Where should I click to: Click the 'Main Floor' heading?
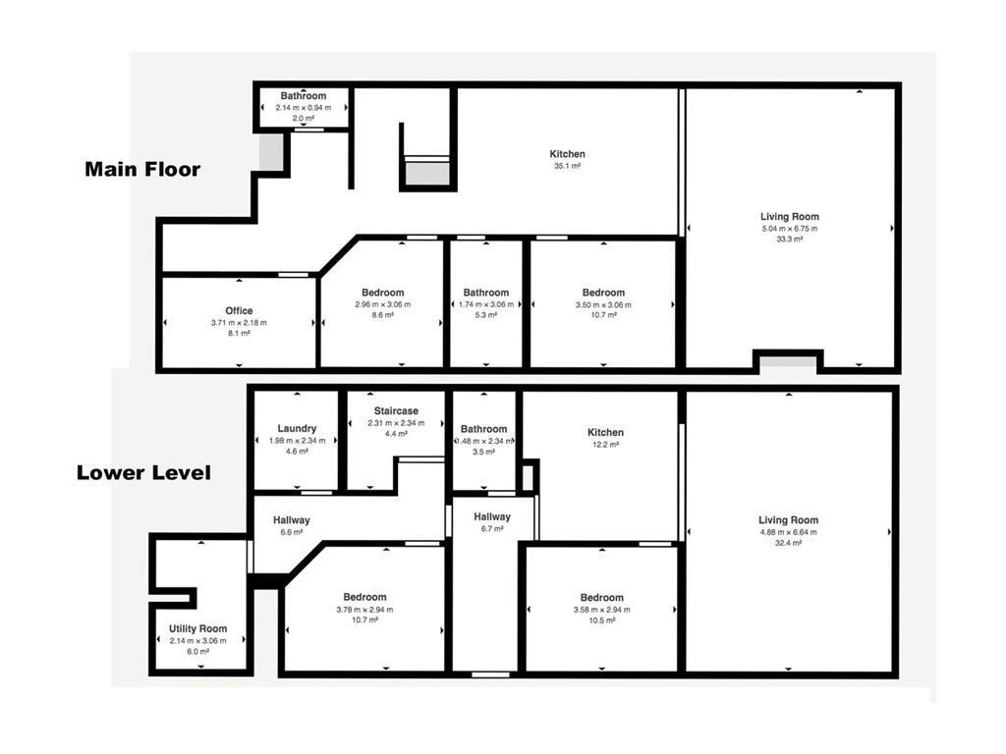142,169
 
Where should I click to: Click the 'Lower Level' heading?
143,472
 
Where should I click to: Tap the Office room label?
238,311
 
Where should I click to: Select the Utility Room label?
197,628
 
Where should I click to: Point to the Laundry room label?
297,428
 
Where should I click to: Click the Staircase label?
396,410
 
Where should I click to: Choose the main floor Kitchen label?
567,154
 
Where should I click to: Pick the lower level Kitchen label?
605,432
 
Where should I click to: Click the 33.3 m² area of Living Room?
789,240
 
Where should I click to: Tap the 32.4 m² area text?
788,543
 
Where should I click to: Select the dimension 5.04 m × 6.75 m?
789,229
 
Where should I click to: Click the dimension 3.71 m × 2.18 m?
238,323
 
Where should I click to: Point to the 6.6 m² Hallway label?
292,520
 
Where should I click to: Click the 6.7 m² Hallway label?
492,516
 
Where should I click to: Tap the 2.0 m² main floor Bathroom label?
304,96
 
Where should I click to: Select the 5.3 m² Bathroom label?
486,293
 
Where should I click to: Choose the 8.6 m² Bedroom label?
382,293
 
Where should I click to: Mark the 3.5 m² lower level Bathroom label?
484,429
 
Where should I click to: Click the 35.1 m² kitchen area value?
568,167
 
